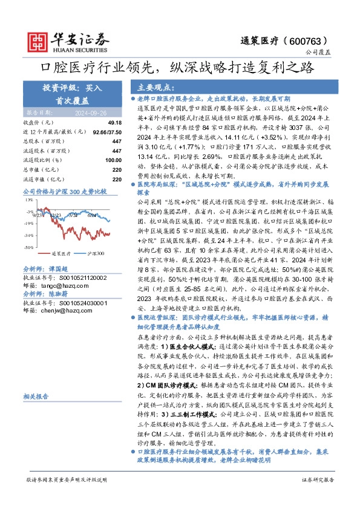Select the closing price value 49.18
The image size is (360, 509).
(x=105, y=122)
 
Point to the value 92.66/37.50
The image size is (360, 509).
(x=99, y=131)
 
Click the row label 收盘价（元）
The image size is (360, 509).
(x=39, y=122)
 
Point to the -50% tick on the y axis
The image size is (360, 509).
(x=29, y=248)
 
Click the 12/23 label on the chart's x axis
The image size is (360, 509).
(x=56, y=214)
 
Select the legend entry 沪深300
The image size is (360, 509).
(x=94, y=254)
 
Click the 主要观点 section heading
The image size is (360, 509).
(x=156, y=87)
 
